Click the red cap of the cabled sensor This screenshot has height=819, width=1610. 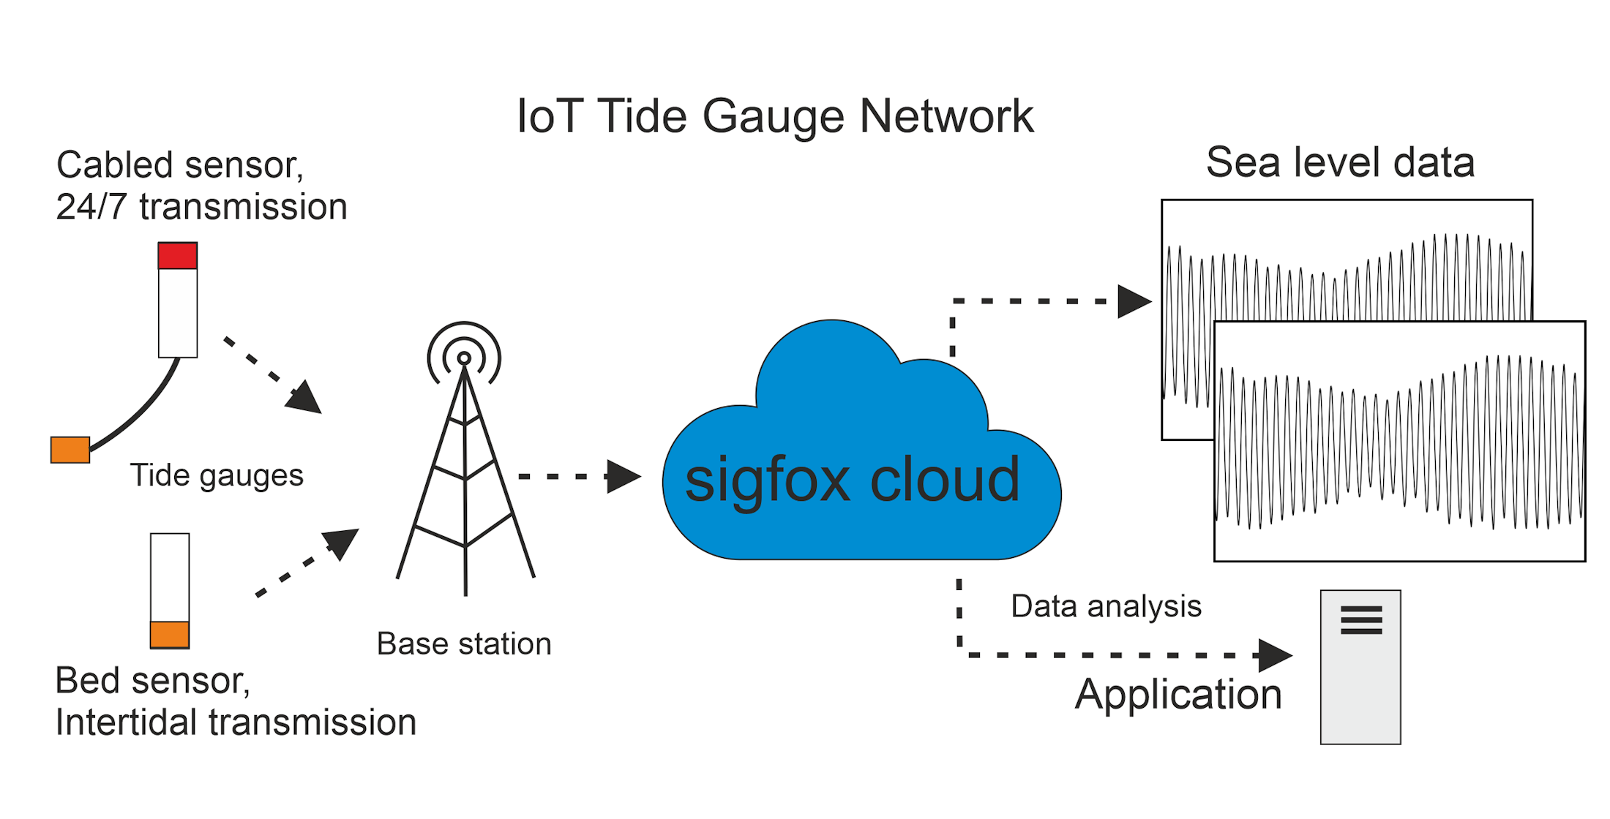click(178, 256)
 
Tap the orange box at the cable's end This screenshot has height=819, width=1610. click(70, 450)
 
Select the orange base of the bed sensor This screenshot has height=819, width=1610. click(170, 634)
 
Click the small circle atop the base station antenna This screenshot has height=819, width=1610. click(464, 358)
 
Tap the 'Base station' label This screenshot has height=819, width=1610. click(464, 644)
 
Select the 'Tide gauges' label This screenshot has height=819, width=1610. click(217, 475)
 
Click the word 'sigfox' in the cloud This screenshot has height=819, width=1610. click(767, 481)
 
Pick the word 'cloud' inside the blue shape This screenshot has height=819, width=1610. click(945, 480)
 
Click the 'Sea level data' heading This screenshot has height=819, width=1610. click(1340, 162)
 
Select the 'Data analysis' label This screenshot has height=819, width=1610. click(1106, 606)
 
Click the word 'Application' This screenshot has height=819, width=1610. click(1178, 694)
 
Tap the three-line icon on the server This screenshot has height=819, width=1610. click(1361, 620)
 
